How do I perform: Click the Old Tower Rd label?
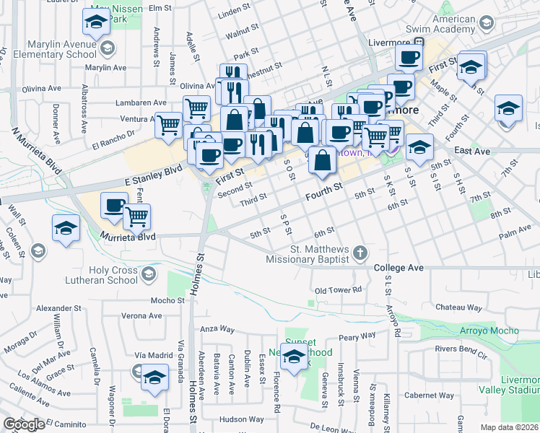point(337,290)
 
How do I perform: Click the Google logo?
point(24,424)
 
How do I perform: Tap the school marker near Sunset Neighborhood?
point(294,358)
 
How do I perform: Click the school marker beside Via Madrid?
point(154,378)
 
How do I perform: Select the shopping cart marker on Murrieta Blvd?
point(136,216)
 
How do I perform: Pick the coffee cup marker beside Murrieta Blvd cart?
point(115,206)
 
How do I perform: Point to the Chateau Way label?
point(458,307)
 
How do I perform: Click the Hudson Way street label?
point(241,419)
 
